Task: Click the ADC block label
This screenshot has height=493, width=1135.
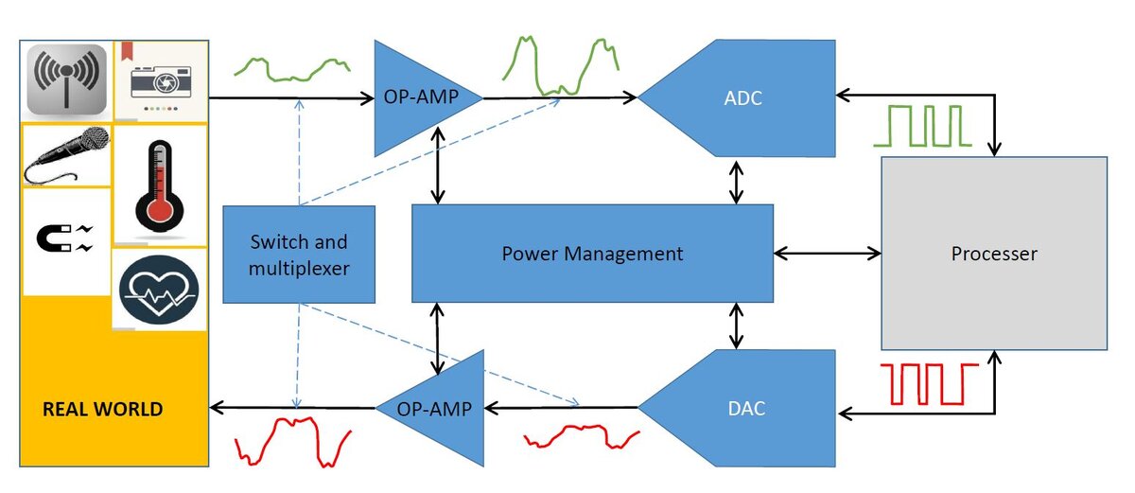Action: [742, 97]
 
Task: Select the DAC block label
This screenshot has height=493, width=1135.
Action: [746, 409]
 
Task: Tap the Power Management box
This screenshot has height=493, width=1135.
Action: [592, 254]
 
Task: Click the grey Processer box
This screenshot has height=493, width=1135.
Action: [994, 254]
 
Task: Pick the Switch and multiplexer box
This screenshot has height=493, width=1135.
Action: [299, 255]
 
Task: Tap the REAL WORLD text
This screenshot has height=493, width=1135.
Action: [103, 409]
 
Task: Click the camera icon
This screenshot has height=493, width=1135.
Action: [161, 81]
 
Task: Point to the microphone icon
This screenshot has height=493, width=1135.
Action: [67, 154]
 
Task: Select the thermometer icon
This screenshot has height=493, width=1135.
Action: [159, 186]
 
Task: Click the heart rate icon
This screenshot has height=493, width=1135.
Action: [159, 290]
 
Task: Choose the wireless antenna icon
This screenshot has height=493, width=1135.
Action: [66, 79]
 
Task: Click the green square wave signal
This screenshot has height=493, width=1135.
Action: [922, 126]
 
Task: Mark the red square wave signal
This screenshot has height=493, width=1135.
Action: [929, 384]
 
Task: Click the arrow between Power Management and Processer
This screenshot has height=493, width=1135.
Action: [828, 254]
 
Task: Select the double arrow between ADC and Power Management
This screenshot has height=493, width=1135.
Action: [736, 183]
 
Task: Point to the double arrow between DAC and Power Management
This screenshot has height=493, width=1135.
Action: [736, 326]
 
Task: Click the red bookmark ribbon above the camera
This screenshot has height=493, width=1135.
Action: [127, 50]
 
